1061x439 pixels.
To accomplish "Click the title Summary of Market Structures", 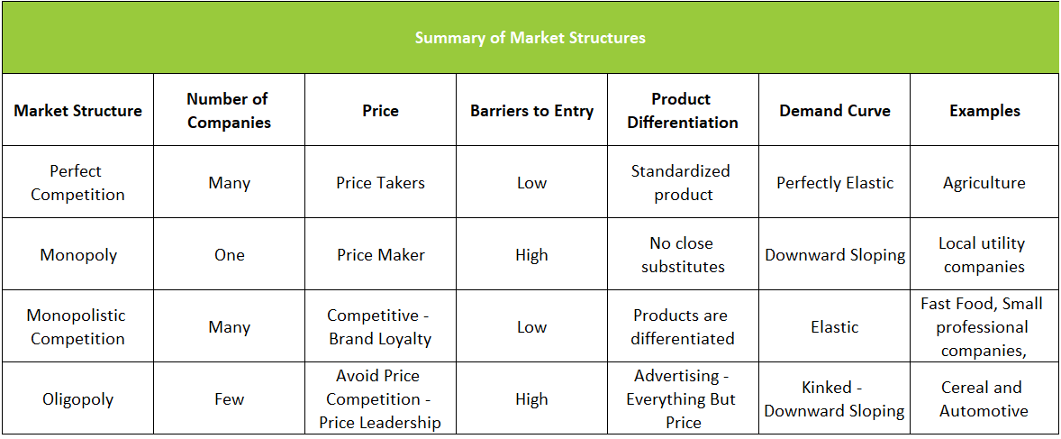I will click(x=530, y=38).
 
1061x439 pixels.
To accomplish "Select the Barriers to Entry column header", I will click(x=531, y=111).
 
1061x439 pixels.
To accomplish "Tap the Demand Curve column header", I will click(x=834, y=111).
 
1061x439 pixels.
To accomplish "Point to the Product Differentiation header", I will click(x=683, y=111).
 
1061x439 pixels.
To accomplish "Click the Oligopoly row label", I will click(x=77, y=399).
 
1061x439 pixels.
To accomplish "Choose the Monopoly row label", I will click(x=78, y=255).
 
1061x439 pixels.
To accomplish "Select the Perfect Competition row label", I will click(x=77, y=183).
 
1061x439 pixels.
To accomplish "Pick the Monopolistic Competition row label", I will click(x=77, y=327).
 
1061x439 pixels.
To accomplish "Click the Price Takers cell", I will click(x=380, y=183).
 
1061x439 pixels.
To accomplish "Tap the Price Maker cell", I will click(x=380, y=255).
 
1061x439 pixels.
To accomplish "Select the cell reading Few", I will click(x=229, y=399).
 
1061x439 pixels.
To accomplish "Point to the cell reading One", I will click(x=229, y=255).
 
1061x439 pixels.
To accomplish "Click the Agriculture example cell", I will click(x=984, y=183).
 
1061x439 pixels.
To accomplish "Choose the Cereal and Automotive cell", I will click(x=984, y=399).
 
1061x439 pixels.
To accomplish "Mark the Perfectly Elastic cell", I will click(x=835, y=183).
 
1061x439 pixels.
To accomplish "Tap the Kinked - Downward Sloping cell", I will click(x=834, y=399).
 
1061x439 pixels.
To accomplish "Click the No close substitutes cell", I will click(x=683, y=255).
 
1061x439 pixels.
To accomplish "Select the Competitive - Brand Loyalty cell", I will click(x=380, y=327).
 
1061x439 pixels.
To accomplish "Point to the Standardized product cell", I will click(x=683, y=183).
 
